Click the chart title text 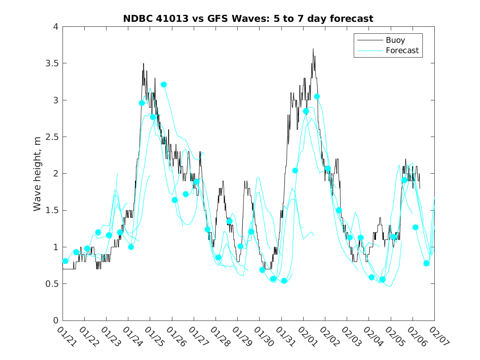[x=248, y=19]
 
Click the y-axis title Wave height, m [x=37, y=174]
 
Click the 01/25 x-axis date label [x=154, y=337]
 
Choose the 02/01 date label [x=307, y=337]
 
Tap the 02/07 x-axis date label [x=438, y=337]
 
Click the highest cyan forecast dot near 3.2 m [x=164, y=85]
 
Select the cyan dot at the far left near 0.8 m [x=65, y=261]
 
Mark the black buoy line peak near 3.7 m [x=313, y=49]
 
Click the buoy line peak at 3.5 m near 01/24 [x=144, y=64]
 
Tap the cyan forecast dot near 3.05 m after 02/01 [x=317, y=97]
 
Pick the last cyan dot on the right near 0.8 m [x=426, y=263]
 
